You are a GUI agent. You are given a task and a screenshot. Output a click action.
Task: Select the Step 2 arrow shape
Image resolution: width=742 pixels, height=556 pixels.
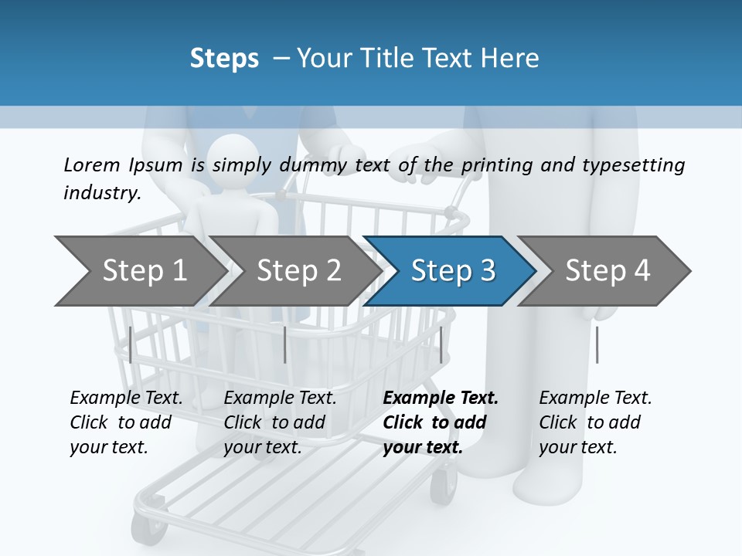[298, 271]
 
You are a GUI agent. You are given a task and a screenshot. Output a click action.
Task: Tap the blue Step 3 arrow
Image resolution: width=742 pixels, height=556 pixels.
[452, 271]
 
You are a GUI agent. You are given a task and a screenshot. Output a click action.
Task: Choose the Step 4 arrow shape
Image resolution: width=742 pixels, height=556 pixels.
[607, 271]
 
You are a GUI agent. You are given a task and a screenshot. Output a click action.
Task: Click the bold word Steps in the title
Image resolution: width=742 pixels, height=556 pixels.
[224, 58]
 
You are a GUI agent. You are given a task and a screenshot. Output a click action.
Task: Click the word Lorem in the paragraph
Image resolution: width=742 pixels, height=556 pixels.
[91, 164]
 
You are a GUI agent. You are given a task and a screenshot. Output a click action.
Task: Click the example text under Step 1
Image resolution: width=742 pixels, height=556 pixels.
[126, 422]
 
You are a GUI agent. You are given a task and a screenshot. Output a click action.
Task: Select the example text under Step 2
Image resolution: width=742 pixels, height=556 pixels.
[280, 422]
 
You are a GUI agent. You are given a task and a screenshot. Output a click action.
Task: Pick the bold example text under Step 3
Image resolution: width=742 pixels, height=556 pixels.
[439, 422]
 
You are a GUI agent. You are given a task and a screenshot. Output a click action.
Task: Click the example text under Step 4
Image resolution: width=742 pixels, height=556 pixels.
[594, 422]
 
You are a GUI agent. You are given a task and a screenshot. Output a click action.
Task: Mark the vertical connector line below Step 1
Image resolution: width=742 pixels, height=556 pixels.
[131, 344]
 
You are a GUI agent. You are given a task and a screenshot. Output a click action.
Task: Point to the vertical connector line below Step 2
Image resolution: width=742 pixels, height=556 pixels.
[285, 344]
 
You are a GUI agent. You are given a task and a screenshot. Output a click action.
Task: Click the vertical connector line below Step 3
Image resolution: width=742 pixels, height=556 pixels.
[441, 344]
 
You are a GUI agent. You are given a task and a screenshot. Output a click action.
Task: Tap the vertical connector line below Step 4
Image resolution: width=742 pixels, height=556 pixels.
[597, 344]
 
